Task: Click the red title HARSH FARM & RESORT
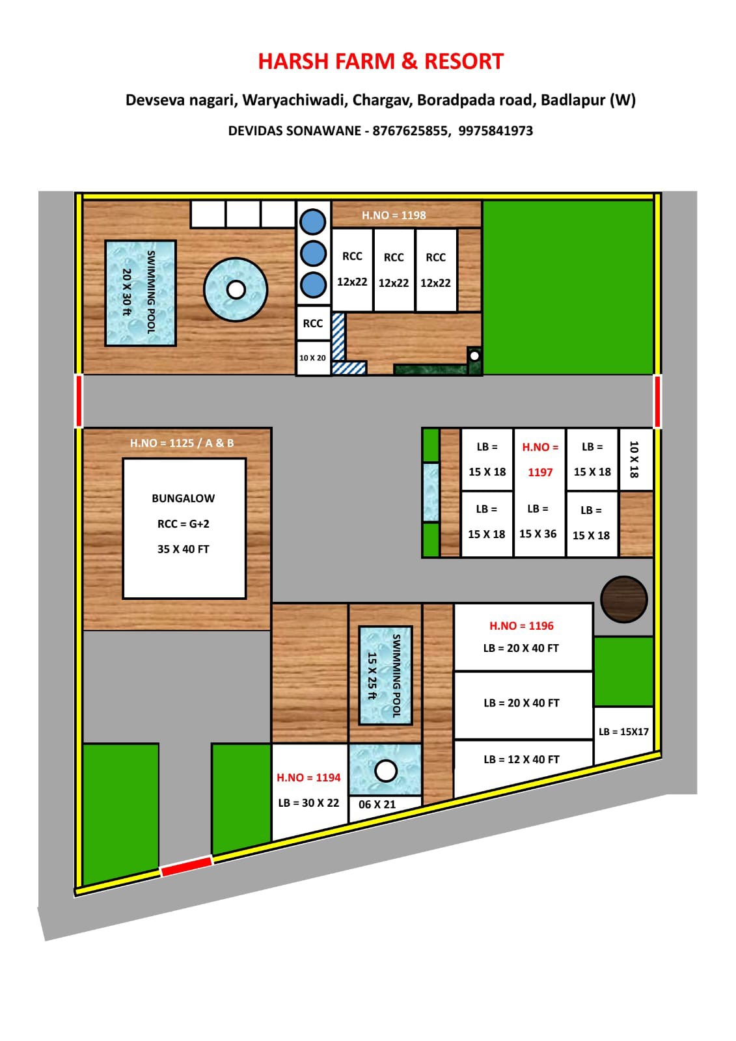pyautogui.click(x=381, y=61)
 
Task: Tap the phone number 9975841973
pyautogui.click(x=495, y=131)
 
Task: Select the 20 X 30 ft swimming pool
pyautogui.click(x=141, y=293)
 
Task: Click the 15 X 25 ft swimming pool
pyautogui.click(x=385, y=675)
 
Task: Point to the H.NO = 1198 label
pyautogui.click(x=394, y=215)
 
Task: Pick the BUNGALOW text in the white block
pyautogui.click(x=183, y=498)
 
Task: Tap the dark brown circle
pyautogui.click(x=623, y=599)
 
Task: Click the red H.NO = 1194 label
pyautogui.click(x=308, y=777)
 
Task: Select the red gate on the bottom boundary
pyautogui.click(x=187, y=867)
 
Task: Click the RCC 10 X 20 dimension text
pyautogui.click(x=312, y=358)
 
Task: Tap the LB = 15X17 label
pyautogui.click(x=623, y=732)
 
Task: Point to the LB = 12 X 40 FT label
pyautogui.click(x=521, y=759)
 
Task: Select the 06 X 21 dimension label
pyautogui.click(x=377, y=805)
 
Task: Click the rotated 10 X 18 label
pyautogui.click(x=634, y=459)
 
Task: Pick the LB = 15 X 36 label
pyautogui.click(x=538, y=522)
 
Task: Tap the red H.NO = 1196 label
pyautogui.click(x=521, y=626)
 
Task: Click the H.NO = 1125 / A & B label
pyautogui.click(x=182, y=443)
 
